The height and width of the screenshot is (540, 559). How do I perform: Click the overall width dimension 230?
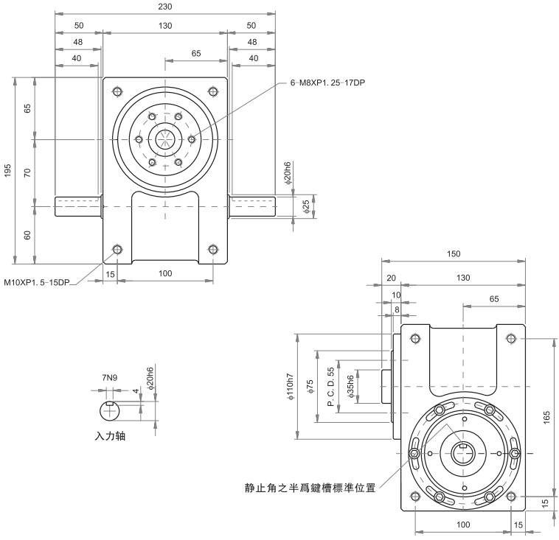[164, 6]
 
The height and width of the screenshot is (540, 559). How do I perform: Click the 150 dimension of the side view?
[454, 253]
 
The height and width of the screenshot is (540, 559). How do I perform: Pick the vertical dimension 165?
[546, 417]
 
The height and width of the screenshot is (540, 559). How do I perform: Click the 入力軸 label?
[111, 435]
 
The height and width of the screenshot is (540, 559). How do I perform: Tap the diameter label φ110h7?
[293, 385]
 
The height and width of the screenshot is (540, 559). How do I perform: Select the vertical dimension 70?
[27, 172]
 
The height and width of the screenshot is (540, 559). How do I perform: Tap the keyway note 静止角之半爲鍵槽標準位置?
[310, 487]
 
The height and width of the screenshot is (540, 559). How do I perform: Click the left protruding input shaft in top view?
[77, 206]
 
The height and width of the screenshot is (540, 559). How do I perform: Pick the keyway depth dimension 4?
[135, 392]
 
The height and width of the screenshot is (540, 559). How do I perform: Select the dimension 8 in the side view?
[396, 309]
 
